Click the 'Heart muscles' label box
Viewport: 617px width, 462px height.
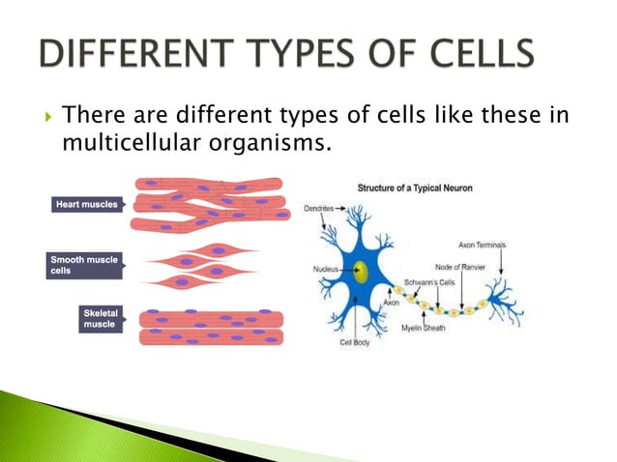point(86,204)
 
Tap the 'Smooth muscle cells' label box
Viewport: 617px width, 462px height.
point(85,265)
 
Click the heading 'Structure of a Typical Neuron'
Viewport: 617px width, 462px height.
point(415,187)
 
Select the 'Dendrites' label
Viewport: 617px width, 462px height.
point(319,207)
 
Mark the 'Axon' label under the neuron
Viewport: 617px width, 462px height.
point(391,303)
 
